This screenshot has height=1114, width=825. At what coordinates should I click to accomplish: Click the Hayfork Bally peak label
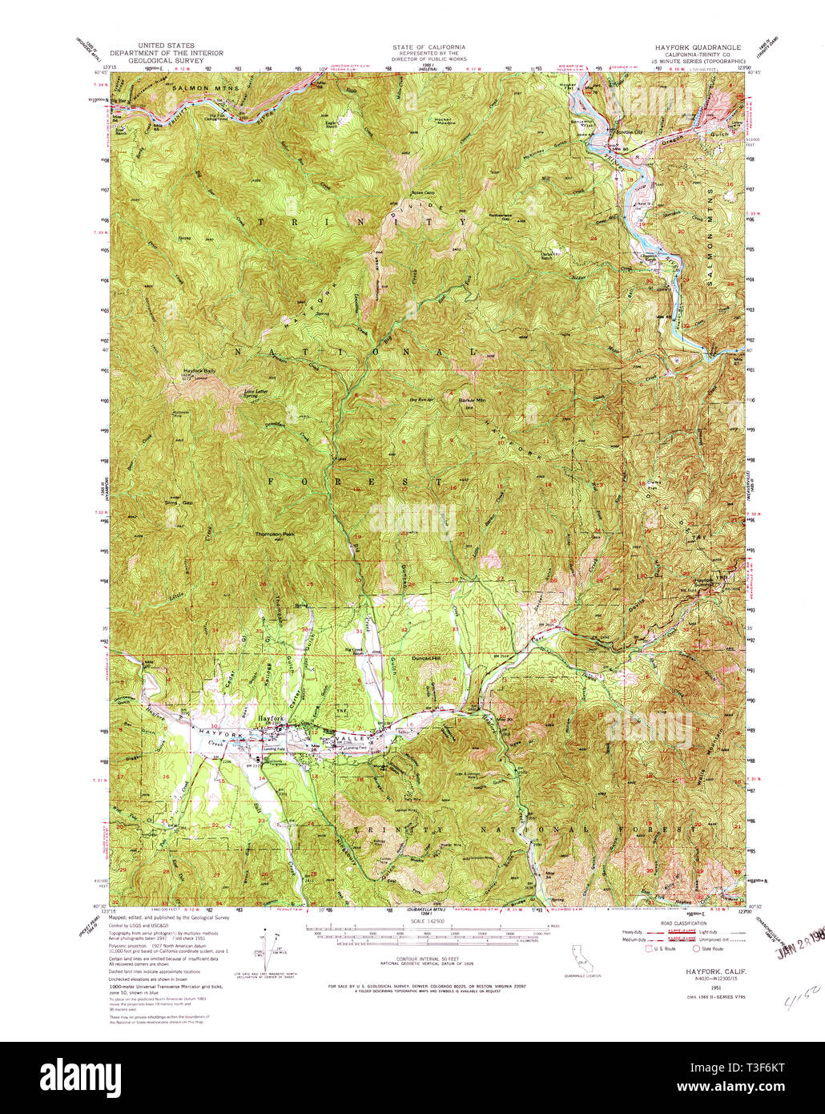(199, 371)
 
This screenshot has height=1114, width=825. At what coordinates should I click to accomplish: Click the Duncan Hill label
(437, 658)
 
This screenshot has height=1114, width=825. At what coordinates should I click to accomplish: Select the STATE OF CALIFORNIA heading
(429, 47)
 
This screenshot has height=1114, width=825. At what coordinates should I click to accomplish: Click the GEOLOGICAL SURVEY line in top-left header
(167, 60)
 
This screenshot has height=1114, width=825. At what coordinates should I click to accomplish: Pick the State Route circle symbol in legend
(696, 948)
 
